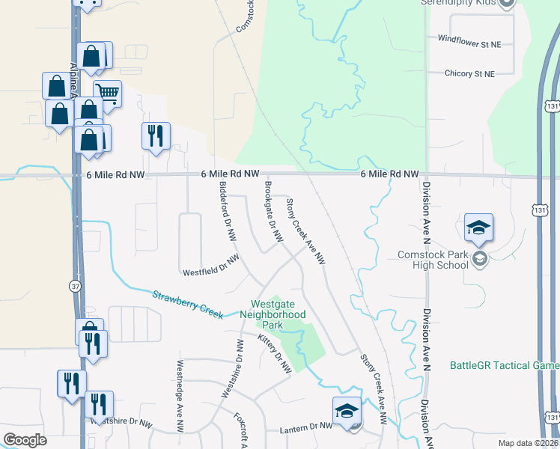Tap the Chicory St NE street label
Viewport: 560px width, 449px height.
469,74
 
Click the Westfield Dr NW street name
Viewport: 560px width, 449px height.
211,265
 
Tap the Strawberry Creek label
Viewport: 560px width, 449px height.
187,304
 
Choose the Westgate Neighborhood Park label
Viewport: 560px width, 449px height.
278,315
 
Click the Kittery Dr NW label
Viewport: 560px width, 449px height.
274,355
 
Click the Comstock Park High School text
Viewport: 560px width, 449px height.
433,260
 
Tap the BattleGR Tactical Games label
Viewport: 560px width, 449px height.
504,365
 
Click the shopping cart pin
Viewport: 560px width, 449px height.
108,94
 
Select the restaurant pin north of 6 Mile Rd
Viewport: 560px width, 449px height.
156,136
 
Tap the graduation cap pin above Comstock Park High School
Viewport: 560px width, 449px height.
478,227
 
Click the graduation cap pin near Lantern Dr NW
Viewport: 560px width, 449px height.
347,410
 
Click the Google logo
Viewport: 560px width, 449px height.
25,439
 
